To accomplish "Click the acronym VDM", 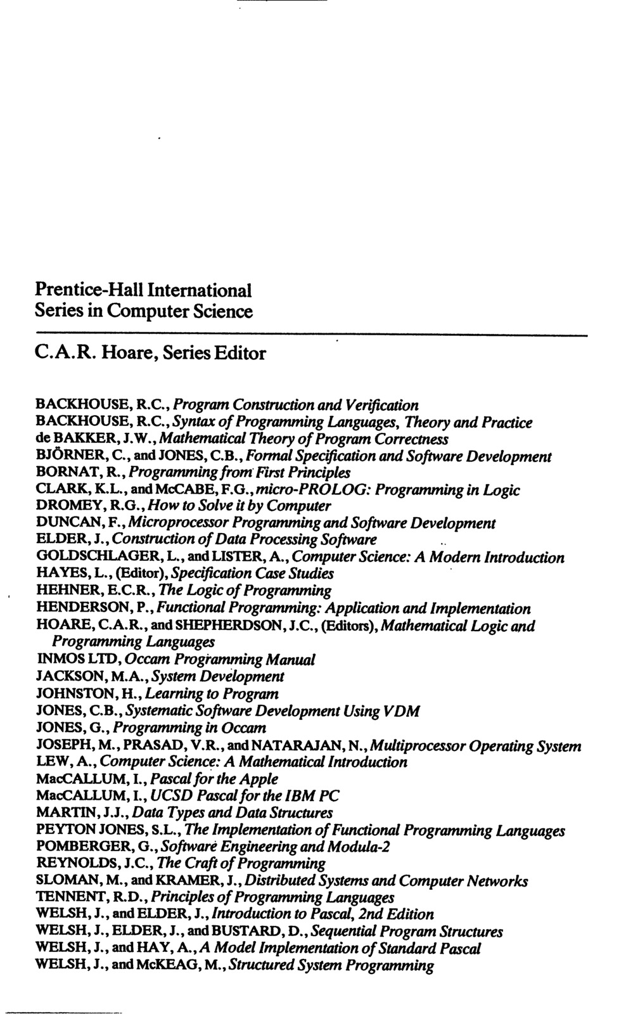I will click(x=402, y=711).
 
